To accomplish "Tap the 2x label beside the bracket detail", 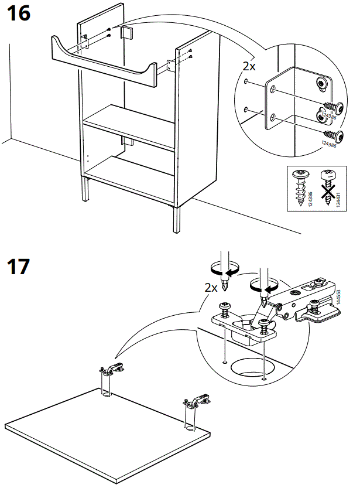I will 249,66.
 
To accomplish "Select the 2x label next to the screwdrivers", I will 211,288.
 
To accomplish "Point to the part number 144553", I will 338,298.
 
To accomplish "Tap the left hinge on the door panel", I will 111,369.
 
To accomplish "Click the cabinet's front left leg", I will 87,191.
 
